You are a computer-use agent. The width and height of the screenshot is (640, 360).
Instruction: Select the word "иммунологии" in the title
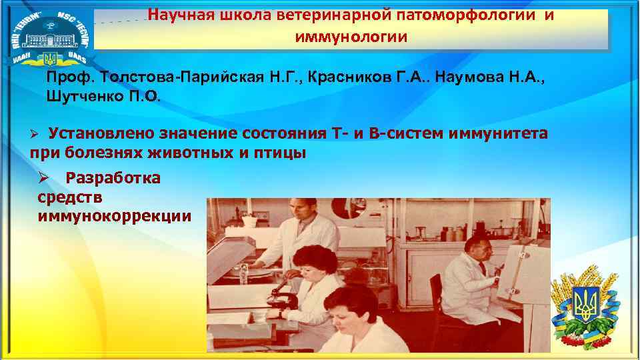click(351, 36)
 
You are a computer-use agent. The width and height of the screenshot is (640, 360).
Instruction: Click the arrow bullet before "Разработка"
click(44, 178)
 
